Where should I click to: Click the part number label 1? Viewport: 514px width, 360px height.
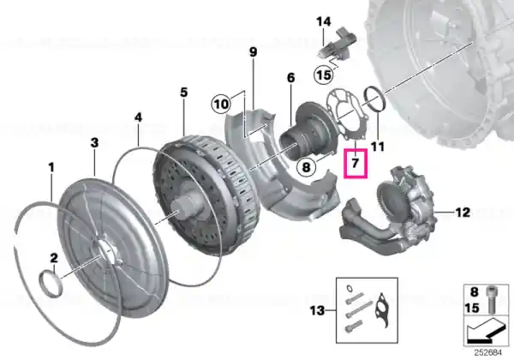coord(51,167)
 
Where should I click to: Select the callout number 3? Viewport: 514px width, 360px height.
coord(94,143)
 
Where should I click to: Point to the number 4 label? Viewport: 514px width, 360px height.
coord(138,117)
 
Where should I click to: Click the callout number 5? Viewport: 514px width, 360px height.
coord(184,93)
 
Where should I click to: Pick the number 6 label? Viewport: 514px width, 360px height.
coord(290,78)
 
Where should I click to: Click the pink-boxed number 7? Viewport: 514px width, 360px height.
coord(356,163)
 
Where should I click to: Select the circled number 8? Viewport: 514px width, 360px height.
coord(306,167)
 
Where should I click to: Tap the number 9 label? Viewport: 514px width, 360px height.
coord(253,52)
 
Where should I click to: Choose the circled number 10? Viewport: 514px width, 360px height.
coord(221,105)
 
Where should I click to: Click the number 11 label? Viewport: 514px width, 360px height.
coord(377,147)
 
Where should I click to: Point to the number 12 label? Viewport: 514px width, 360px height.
coord(463,213)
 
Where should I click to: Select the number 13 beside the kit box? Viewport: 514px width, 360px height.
coord(317,310)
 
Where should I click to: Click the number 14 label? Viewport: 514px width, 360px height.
coord(324,22)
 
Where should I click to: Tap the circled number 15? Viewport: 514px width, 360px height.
coord(324,75)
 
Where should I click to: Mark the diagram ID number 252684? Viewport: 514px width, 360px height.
coord(487,353)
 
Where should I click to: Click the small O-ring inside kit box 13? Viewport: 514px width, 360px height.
coord(350,288)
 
